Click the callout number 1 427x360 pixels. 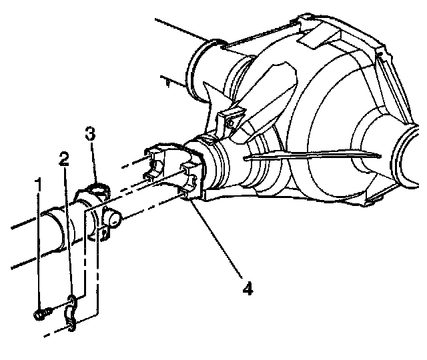39,185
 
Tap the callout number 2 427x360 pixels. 64,159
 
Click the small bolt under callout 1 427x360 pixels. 42,313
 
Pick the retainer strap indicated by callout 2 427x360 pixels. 71,313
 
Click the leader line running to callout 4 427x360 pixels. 216,239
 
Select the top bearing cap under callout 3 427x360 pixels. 99,188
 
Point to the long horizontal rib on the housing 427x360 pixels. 312,156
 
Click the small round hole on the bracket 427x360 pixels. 230,123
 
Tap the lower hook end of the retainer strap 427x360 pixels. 71,326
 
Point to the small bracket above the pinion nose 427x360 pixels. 231,119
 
